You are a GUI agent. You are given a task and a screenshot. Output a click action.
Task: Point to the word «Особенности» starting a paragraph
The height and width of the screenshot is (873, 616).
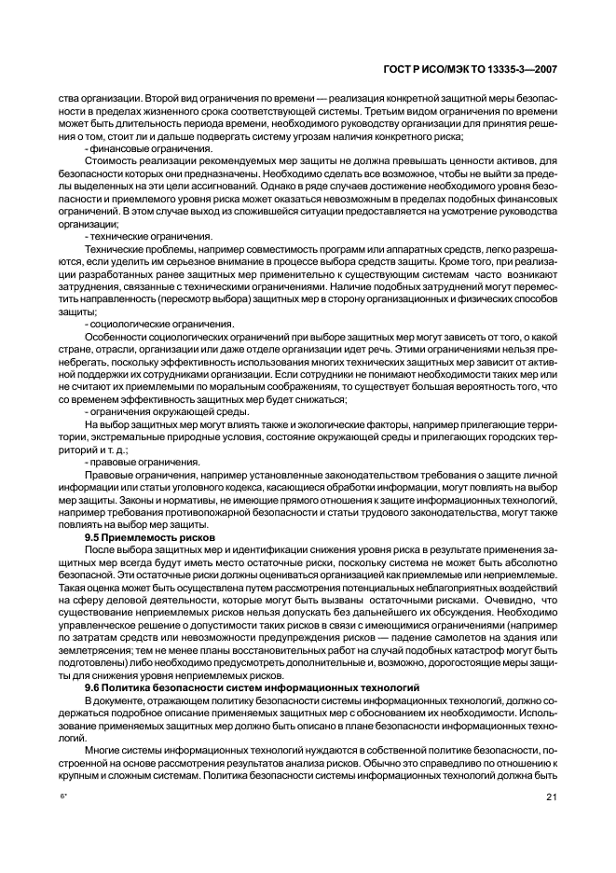116,336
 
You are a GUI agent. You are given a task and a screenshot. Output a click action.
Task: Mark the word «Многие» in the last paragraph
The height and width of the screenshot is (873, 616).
103,749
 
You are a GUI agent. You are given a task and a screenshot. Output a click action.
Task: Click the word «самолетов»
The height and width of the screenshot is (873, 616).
411,639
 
